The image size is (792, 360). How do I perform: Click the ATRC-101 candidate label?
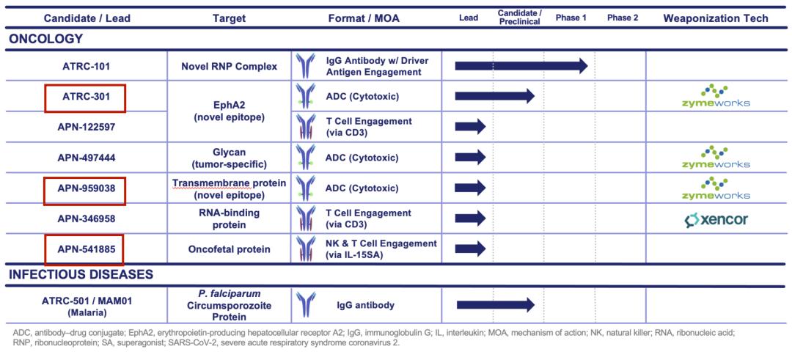click(x=86, y=67)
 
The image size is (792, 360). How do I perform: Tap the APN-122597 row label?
click(x=86, y=127)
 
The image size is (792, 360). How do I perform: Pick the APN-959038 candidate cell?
click(x=85, y=188)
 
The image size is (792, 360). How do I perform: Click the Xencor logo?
click(x=716, y=219)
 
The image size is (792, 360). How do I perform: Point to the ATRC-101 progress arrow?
click(x=521, y=66)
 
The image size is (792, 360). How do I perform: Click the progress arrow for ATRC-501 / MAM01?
click(x=495, y=304)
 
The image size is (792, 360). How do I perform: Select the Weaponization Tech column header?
click(x=716, y=18)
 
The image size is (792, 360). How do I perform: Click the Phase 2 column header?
click(x=623, y=18)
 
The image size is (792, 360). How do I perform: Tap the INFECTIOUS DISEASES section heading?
click(x=81, y=274)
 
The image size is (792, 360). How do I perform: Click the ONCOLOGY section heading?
click(x=46, y=39)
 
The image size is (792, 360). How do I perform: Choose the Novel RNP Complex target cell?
click(x=229, y=67)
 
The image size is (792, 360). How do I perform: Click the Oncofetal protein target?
click(x=229, y=249)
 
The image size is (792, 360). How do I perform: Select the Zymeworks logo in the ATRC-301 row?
click(x=716, y=96)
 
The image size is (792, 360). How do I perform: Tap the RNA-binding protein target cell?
click(x=229, y=218)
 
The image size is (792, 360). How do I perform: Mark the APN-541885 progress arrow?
click(x=471, y=249)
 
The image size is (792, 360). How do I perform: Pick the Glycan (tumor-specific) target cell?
click(x=229, y=157)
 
